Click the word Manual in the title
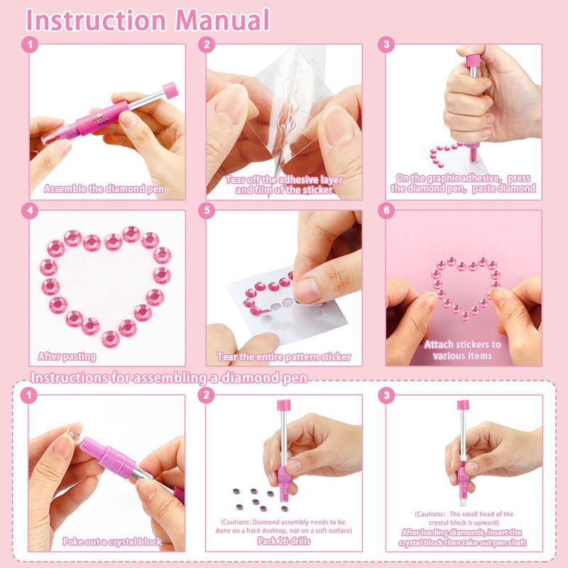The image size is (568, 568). click(x=222, y=21)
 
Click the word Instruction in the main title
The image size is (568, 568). click(x=96, y=21)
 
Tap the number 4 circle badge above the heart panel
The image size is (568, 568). click(x=30, y=211)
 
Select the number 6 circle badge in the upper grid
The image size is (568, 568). click(x=386, y=211)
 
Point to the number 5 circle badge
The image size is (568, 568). click(x=207, y=211)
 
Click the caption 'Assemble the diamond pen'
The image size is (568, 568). click(x=104, y=189)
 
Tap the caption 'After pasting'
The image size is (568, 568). click(x=67, y=356)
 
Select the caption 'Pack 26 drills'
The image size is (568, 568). click(x=283, y=541)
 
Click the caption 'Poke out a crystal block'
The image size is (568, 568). click(x=112, y=542)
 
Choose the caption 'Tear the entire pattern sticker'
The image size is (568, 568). click(x=283, y=357)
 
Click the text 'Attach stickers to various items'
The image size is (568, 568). click(x=463, y=350)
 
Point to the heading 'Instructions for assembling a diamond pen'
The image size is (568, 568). click(x=169, y=378)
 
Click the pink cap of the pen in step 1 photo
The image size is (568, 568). click(x=170, y=89)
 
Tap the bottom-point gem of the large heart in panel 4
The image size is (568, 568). click(x=111, y=339)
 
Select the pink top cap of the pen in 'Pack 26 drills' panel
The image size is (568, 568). click(x=283, y=405)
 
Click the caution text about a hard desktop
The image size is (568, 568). click(x=283, y=526)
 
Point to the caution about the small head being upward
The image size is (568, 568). click(x=464, y=518)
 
